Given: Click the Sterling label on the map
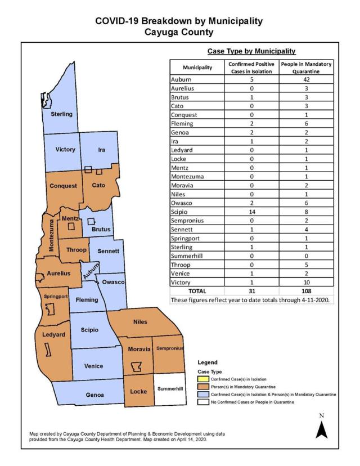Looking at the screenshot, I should pyautogui.click(x=61, y=114).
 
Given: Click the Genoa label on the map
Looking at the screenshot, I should pyautogui.click(x=94, y=395).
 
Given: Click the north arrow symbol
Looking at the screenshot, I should pyautogui.click(x=321, y=428).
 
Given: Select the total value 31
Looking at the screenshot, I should pyautogui.click(x=253, y=290).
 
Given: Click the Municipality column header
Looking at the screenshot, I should pyautogui.click(x=197, y=68).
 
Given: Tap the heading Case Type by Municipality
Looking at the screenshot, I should pyautogui.click(x=251, y=51).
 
